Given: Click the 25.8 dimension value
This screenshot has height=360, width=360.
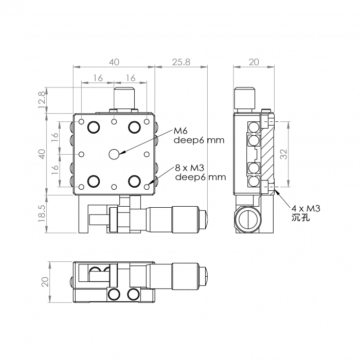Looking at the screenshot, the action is pos(181,62).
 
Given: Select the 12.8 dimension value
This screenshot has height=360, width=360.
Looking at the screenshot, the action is pos(42,100).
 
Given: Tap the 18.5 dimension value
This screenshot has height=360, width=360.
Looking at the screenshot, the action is pos(42,214).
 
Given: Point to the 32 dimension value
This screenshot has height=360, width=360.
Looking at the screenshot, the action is pos(284,154).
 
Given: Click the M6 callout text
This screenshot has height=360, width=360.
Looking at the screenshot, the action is pos(181,131).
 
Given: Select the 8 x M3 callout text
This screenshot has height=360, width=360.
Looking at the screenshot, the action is pos(190,168).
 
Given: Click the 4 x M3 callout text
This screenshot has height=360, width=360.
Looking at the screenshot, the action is pos(306,208).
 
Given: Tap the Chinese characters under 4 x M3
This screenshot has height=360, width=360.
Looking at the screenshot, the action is pos(301,218).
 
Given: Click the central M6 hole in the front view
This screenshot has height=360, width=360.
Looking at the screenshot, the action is pos(114,154).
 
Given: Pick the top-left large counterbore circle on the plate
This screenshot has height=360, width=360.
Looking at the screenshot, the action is pos(94,127).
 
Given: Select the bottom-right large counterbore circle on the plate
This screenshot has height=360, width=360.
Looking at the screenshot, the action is pos(135,181).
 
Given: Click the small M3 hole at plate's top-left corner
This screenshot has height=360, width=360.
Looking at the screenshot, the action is pos(81,121).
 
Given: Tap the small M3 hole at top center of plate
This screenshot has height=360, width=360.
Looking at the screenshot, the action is pos(114,121).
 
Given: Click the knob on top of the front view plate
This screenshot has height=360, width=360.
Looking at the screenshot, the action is pos(124,98).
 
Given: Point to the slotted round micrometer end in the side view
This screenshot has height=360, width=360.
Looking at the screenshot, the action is pos(248,220).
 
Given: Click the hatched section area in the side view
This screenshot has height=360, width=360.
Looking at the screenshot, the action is pos(268,156).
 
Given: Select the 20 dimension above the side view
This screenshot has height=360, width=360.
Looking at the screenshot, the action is pos(254,62).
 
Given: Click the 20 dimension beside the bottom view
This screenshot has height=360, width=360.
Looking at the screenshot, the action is pos(45,282).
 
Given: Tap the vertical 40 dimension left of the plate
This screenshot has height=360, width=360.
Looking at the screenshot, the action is pos(42,154).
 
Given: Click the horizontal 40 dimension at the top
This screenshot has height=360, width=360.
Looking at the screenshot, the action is pos(114,62).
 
